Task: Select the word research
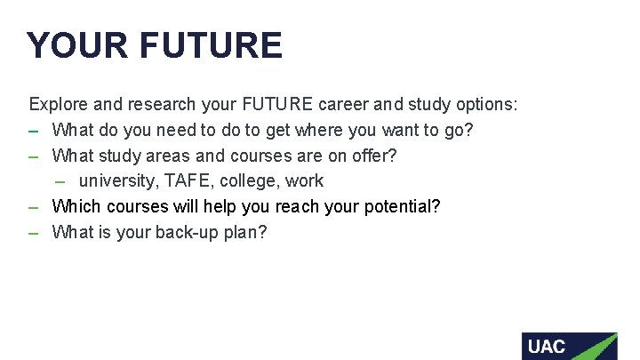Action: pyautogui.click(x=161, y=105)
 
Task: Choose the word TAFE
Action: pyautogui.click(x=188, y=181)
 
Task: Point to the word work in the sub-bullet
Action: pyautogui.click(x=305, y=181)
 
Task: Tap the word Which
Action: pyautogui.click(x=77, y=207)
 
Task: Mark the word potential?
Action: pyautogui.click(x=405, y=207)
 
